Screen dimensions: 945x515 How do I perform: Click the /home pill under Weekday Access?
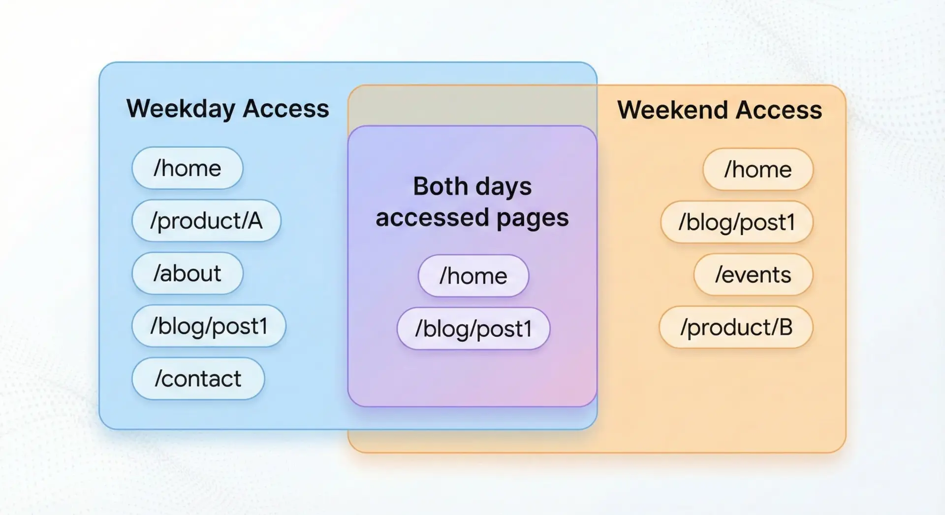(187, 168)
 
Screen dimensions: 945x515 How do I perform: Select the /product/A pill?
(206, 220)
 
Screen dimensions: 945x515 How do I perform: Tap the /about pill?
(187, 273)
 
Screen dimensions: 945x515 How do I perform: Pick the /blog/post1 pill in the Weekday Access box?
(209, 326)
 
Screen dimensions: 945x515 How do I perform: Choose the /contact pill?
(198, 378)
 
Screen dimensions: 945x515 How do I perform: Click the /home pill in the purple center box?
(473, 275)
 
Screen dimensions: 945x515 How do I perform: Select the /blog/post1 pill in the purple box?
(473, 329)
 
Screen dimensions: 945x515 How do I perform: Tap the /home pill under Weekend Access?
(758, 169)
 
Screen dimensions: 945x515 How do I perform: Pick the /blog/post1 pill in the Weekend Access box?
(737, 222)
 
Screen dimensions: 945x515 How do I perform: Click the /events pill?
(753, 274)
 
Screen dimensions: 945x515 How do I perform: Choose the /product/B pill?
(736, 327)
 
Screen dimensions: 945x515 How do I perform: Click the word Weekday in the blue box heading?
(181, 109)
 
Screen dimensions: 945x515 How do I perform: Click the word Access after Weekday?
(286, 108)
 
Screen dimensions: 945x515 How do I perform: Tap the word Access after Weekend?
(779, 110)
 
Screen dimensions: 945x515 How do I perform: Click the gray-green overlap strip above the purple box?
(472, 105)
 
